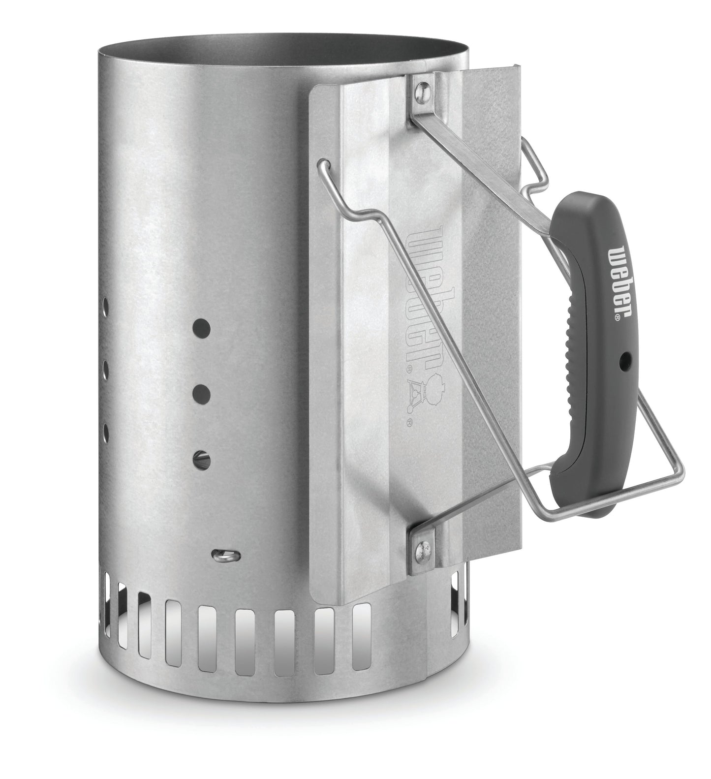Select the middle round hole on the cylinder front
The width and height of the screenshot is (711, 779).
pos(201,393)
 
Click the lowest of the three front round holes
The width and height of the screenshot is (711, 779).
pos(202,460)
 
